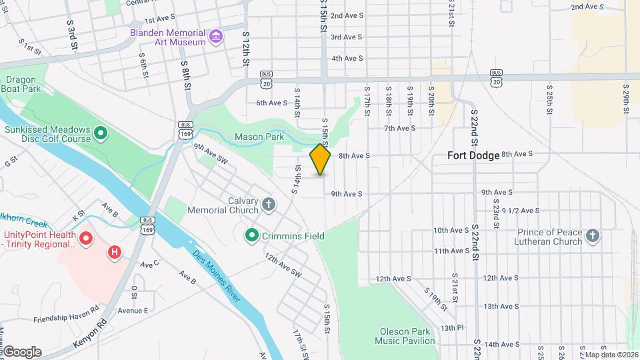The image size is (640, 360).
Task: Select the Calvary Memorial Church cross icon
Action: [268, 204]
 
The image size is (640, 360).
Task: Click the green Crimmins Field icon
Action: [251, 235]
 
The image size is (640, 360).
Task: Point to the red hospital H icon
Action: [115, 252]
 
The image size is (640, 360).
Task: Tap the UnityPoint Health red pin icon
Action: [85, 237]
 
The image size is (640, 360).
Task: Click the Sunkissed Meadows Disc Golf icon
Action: [101, 134]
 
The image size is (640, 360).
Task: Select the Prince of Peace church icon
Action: [593, 235]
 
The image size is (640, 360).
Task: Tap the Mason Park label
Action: [259, 137]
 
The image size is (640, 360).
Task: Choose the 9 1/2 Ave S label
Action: [521, 211]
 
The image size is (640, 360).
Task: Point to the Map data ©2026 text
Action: [611, 355]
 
